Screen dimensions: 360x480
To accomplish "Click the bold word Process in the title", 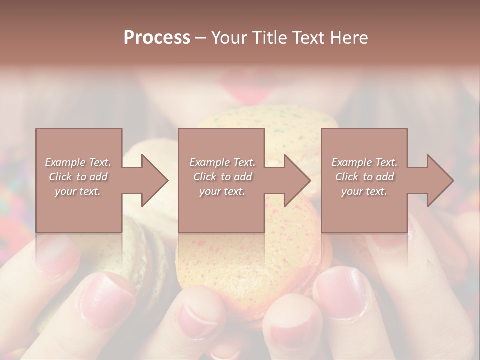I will (157, 37).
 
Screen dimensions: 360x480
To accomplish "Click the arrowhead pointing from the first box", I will (154, 180).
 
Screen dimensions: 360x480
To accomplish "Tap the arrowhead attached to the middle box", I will (297, 180).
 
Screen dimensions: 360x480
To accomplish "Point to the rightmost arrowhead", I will (440, 180).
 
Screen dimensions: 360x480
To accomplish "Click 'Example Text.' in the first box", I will (78, 162).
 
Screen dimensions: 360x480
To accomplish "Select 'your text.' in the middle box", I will (222, 191).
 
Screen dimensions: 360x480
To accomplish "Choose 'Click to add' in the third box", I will (364, 177).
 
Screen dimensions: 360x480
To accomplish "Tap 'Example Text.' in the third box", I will (364, 162).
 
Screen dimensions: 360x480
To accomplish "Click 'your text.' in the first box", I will (78, 191).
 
